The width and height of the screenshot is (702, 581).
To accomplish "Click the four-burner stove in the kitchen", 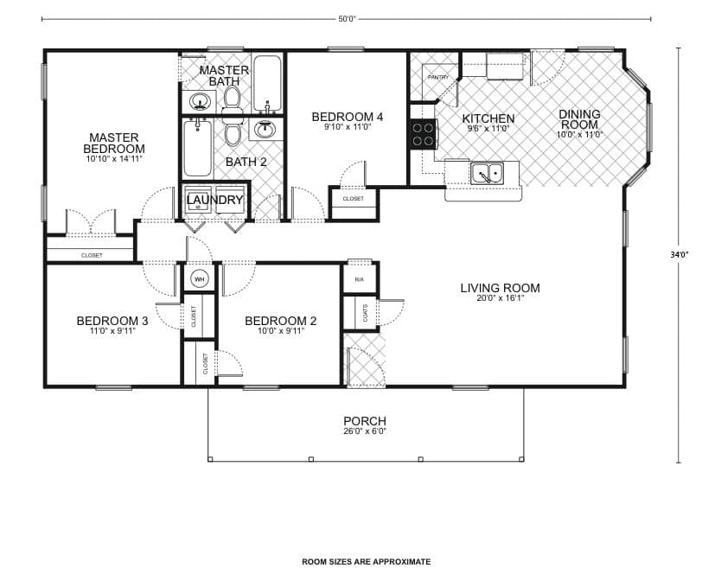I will (x=423, y=134).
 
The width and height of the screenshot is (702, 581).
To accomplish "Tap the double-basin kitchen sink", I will (x=488, y=174).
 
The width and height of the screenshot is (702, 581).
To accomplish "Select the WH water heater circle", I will (x=198, y=279).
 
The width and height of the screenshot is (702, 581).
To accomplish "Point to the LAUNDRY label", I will (x=215, y=201).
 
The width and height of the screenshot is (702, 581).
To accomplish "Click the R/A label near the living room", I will (x=359, y=279).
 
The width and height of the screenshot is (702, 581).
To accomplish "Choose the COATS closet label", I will (x=366, y=313).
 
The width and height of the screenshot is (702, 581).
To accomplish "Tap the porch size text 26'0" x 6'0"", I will (x=364, y=432).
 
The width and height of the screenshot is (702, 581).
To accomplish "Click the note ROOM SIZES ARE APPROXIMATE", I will (x=366, y=562).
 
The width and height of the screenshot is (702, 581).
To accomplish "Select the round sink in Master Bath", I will (x=201, y=103).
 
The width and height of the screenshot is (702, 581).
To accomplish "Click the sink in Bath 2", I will (x=264, y=130).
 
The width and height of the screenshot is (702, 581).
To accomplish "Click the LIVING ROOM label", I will (x=500, y=288).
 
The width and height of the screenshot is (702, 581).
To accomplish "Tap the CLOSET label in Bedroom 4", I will (x=353, y=199).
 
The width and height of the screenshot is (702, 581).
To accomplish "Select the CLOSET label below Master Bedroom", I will (x=92, y=255).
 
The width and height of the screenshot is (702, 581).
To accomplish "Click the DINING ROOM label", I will (x=579, y=119).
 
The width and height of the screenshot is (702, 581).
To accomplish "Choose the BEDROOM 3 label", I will (x=112, y=321).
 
